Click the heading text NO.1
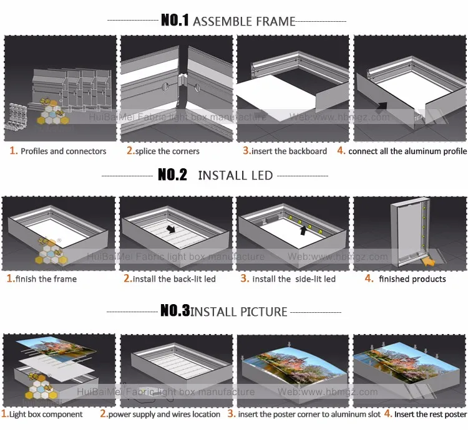(175, 21)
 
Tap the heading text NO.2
(172, 174)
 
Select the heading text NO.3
(175, 310)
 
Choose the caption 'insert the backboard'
(290, 151)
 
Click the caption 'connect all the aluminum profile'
(407, 151)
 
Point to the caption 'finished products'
(412, 279)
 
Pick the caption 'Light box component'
(46, 414)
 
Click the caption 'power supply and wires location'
(164, 414)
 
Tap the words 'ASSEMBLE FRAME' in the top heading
(244, 21)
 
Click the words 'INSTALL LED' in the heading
(235, 175)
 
